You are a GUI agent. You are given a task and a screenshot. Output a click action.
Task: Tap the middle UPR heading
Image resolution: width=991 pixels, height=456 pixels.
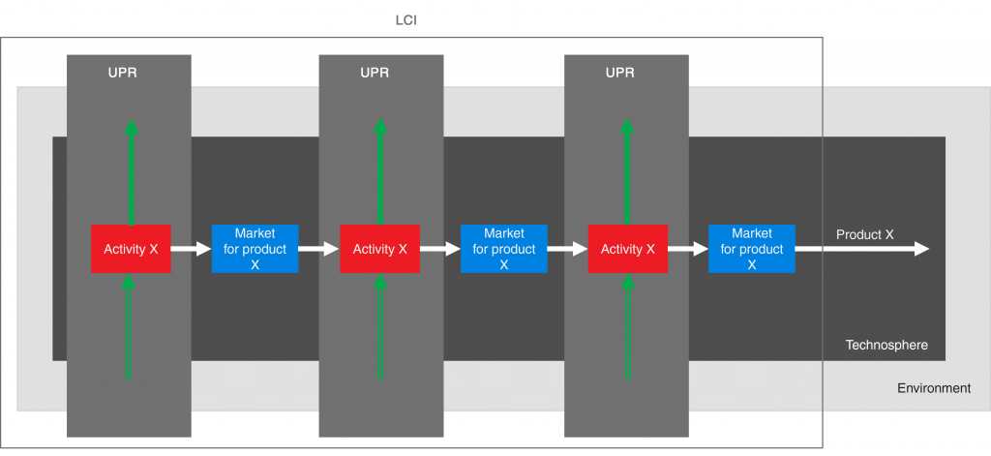pos(375,73)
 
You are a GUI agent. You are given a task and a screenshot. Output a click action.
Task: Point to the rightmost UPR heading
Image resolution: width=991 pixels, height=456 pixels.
pos(620,73)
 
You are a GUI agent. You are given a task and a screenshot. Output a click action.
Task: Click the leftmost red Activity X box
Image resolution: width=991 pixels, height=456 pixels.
pos(131,249)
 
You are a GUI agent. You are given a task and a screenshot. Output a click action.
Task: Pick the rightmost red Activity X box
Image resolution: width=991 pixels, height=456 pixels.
pos(627,249)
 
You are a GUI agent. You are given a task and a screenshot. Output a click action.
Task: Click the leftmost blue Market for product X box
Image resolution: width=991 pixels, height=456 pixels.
pos(255,249)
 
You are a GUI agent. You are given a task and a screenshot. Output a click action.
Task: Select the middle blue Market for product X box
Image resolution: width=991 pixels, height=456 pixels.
pos(503,249)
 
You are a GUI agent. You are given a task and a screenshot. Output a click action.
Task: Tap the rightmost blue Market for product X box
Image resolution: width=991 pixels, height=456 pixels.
pos(751,249)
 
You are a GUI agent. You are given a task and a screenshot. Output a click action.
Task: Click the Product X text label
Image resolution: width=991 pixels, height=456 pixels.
pos(864,234)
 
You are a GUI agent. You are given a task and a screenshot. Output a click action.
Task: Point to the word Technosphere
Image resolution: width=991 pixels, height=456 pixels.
pos(886,345)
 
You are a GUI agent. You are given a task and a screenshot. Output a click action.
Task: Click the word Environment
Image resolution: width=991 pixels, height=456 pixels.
pos(933,388)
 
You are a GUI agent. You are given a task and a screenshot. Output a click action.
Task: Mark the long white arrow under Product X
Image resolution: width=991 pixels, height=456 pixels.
pos(861,250)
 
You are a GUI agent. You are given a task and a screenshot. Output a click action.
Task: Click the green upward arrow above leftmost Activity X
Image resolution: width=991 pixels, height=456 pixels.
pos(131,174)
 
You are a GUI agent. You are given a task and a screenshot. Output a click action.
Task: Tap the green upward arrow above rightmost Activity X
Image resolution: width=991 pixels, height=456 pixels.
pos(627,174)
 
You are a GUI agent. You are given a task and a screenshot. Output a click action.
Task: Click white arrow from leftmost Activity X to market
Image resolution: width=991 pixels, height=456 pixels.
pos(191,250)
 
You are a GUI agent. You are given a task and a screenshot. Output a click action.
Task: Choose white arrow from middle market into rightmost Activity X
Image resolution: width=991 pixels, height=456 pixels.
pos(567,250)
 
